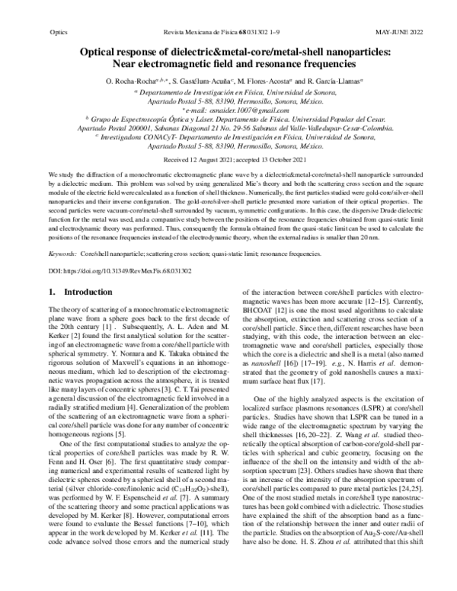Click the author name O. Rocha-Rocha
(x=126, y=81)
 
